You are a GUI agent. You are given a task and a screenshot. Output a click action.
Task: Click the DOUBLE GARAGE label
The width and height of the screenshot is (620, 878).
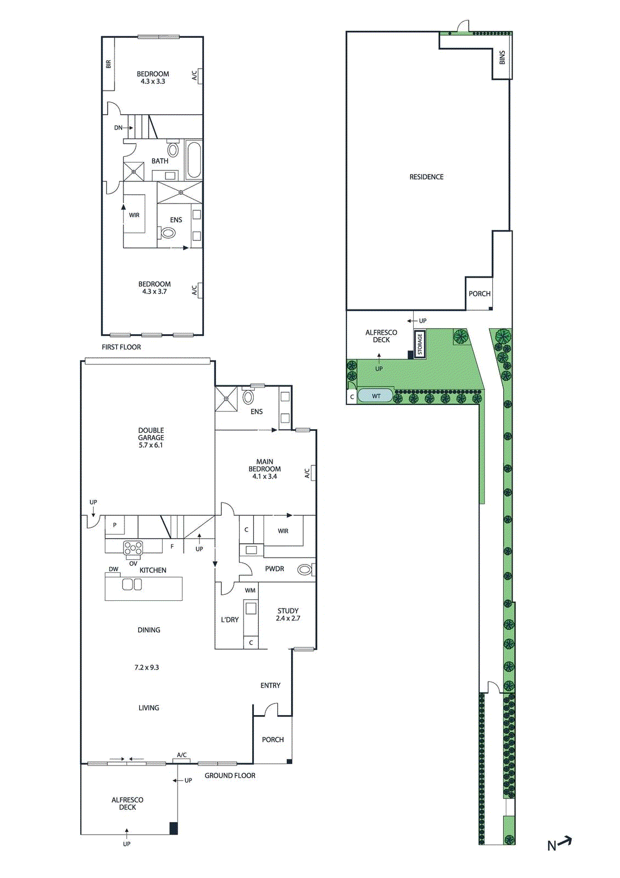tap(151, 437)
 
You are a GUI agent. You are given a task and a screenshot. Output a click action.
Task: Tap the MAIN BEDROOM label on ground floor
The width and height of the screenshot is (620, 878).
tap(265, 469)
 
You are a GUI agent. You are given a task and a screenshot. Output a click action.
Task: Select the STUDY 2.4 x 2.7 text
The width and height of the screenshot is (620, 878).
tap(288, 614)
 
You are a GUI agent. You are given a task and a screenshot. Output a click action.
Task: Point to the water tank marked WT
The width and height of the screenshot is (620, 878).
tap(376, 396)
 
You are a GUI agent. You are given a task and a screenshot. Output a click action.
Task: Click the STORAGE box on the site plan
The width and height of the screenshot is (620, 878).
tap(420, 344)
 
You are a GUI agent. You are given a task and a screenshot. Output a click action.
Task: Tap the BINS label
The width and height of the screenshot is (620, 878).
tap(502, 58)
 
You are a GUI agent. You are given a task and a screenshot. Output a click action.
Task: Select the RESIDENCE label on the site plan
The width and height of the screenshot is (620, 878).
tap(426, 177)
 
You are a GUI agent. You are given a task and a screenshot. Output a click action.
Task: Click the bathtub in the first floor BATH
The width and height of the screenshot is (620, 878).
tap(194, 159)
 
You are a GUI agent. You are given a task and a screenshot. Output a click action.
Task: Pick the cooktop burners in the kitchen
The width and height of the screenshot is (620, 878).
tap(133, 548)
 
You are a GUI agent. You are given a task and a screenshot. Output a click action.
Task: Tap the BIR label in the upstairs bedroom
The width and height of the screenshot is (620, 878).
tap(109, 64)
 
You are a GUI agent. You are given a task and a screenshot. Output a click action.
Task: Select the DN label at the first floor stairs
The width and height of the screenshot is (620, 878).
tap(118, 128)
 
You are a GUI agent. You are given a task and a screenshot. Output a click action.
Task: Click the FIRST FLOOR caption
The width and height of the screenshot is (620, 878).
tap(121, 347)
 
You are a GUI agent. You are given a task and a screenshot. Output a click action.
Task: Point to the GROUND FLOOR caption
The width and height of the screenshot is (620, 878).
tap(230, 775)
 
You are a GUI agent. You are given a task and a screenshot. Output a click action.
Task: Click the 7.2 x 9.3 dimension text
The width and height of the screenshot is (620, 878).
tap(146, 667)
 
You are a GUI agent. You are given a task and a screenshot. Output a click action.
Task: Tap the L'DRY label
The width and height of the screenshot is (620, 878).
tap(230, 620)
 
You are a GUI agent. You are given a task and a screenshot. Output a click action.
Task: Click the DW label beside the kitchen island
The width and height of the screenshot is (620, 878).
tap(113, 569)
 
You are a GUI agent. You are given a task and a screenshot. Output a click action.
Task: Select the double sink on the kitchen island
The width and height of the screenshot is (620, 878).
tap(132, 584)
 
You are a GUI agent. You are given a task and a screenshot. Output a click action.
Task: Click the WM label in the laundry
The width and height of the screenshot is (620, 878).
tap(250, 590)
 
